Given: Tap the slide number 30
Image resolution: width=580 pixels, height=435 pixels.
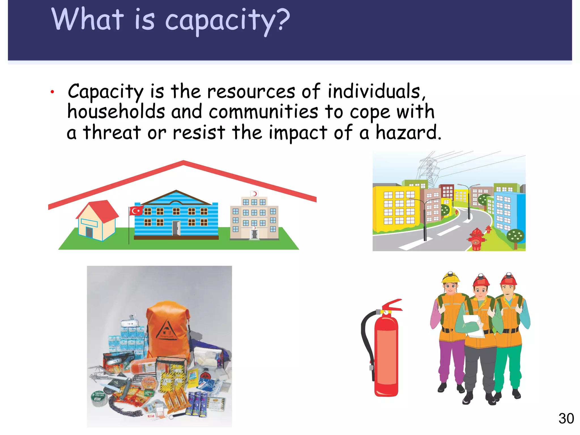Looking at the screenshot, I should (x=566, y=419).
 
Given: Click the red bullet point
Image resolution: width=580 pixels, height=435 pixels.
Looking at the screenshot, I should (x=52, y=92).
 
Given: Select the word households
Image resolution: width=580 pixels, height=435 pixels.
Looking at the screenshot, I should (x=116, y=111).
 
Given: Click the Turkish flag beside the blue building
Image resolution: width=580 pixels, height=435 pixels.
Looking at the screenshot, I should (x=136, y=211).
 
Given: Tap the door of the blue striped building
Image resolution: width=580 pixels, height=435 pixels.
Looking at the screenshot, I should (x=176, y=228).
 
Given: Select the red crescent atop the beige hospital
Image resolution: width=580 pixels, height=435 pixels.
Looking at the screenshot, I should (x=254, y=194).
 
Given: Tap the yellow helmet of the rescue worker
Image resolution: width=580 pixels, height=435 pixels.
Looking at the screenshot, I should (x=450, y=278).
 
